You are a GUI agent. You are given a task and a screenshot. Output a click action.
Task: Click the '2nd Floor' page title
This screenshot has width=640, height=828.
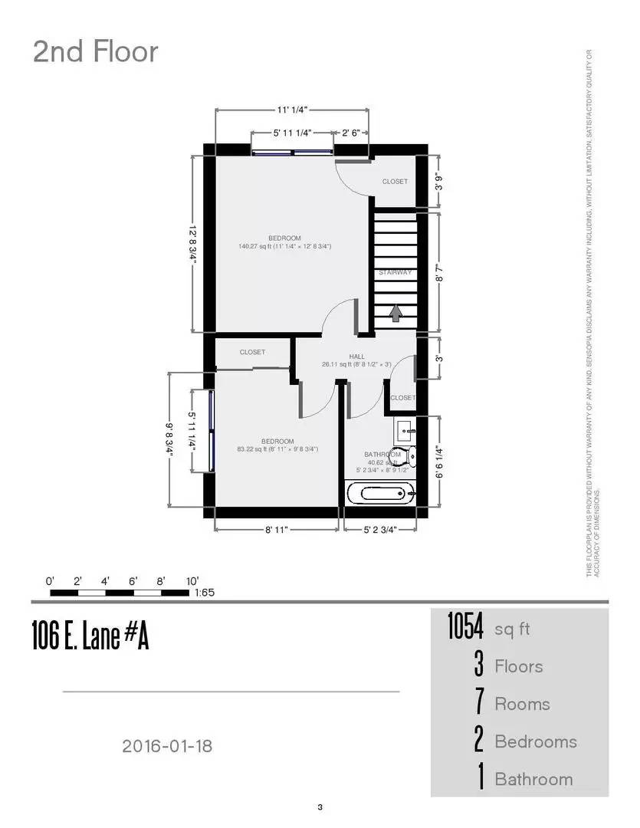click(x=96, y=52)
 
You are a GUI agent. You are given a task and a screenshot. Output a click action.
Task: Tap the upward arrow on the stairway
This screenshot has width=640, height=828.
click(x=395, y=313)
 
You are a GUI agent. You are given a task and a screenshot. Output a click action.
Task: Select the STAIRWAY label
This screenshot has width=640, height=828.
click(x=395, y=272)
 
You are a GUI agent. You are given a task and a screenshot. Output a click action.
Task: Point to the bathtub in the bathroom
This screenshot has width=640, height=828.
click(x=380, y=493)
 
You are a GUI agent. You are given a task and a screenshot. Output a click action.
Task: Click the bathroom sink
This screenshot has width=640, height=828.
click(x=404, y=427)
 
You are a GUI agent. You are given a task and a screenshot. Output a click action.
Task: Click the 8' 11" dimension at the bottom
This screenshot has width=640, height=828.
click(x=276, y=530)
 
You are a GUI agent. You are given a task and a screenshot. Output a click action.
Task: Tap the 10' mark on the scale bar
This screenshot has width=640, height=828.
click(x=191, y=580)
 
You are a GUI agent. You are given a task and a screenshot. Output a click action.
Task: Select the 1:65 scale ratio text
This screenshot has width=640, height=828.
click(x=205, y=593)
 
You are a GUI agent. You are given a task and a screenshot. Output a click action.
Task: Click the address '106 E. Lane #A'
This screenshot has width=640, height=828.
click(x=90, y=636)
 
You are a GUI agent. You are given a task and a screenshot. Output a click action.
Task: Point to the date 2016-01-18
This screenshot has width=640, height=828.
click(x=166, y=744)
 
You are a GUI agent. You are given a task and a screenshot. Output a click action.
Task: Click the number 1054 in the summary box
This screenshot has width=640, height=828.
click(x=465, y=629)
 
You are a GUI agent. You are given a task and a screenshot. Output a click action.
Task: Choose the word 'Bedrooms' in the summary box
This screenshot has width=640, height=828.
click(x=535, y=741)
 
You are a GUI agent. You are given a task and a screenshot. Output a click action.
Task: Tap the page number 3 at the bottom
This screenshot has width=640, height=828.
click(x=320, y=807)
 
